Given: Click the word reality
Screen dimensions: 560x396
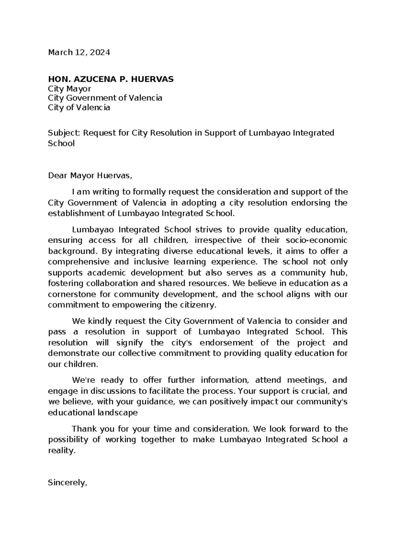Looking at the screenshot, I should click(x=62, y=451).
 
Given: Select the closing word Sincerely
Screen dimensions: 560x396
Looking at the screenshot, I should click(x=67, y=483).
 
